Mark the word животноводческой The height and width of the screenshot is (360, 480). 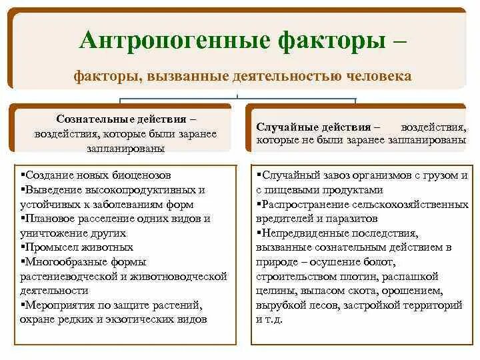coord(179,275)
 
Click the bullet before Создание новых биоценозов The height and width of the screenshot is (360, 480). coord(24,175)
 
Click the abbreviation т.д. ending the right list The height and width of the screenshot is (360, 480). coord(273,319)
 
